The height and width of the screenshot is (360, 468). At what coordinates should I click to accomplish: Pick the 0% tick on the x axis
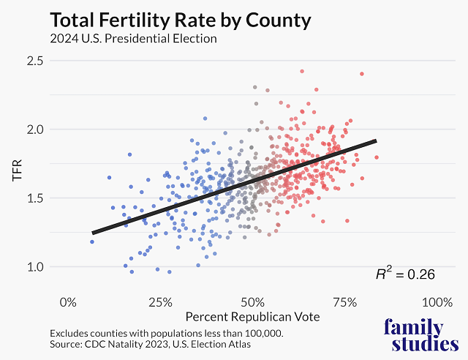pyautogui.click(x=68, y=302)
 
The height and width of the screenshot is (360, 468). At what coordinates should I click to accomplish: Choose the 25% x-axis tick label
pyautogui.click(x=160, y=302)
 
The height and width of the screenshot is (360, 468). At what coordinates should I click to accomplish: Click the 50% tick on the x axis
pyautogui.click(x=252, y=302)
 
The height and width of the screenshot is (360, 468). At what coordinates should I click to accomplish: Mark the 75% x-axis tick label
pyautogui.click(x=344, y=302)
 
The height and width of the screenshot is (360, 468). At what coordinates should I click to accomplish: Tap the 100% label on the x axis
pyautogui.click(x=437, y=302)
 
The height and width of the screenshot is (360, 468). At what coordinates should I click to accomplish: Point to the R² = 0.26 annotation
pyautogui.click(x=405, y=275)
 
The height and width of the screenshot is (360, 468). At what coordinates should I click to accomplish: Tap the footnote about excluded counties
pyautogui.click(x=166, y=333)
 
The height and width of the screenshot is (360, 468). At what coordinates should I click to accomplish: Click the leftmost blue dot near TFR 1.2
pyautogui.click(x=92, y=241)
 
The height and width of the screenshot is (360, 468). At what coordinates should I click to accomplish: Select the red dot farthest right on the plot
pyautogui.click(x=377, y=157)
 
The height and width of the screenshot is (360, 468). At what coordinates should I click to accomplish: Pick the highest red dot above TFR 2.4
pyautogui.click(x=302, y=71)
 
